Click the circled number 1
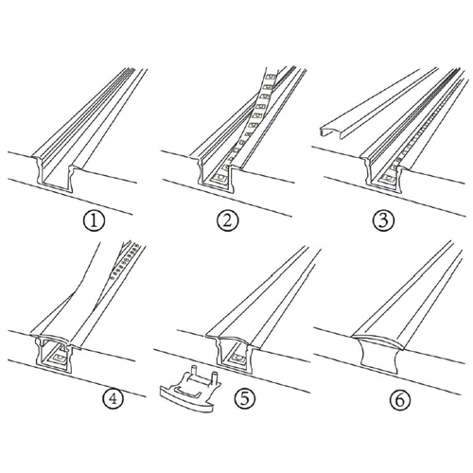[x=94, y=221]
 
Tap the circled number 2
[x=228, y=221]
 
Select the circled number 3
[x=383, y=221]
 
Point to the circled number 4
[x=113, y=399]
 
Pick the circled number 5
[x=244, y=398]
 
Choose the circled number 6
[x=399, y=400]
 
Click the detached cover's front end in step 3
[x=331, y=131]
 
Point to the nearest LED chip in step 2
[x=219, y=178]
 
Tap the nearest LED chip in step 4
[x=59, y=359]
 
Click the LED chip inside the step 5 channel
[x=238, y=359]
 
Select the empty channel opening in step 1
[x=56, y=178]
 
